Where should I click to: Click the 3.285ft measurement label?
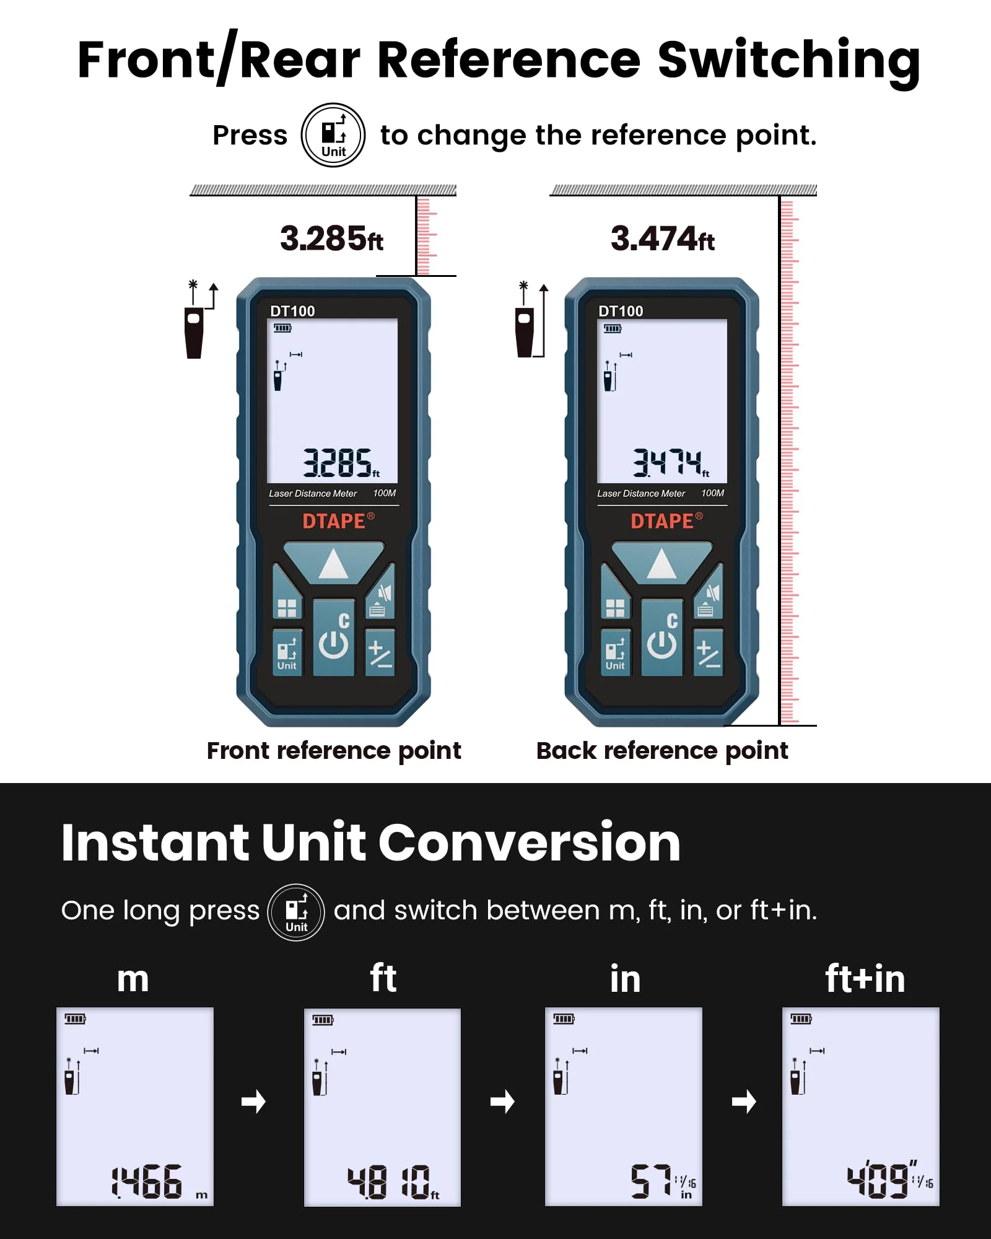click(332, 239)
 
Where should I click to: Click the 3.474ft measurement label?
click(663, 239)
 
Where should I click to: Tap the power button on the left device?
click(334, 637)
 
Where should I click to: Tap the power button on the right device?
click(662, 637)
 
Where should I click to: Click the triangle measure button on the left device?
click(334, 563)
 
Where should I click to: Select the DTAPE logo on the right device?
click(666, 521)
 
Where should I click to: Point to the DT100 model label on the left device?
click(292, 311)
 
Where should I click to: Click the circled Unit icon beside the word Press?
click(333, 135)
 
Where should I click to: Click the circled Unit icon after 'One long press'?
click(296, 913)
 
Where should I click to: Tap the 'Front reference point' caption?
click(334, 751)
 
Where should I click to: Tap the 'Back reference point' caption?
click(662, 751)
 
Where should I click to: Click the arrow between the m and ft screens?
click(253, 1101)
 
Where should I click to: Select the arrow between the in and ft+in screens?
click(744, 1101)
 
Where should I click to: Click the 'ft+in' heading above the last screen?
click(865, 979)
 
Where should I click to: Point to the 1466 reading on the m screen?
click(147, 1181)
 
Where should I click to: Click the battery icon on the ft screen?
click(323, 1020)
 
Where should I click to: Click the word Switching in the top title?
click(788, 61)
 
